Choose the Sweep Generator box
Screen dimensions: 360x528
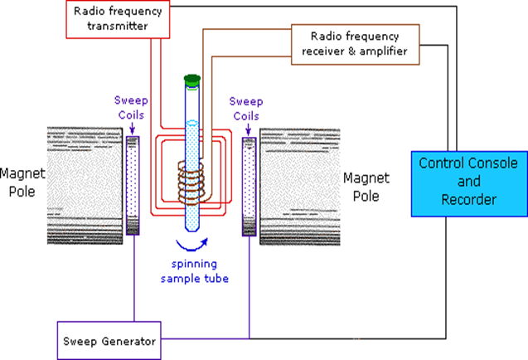109,340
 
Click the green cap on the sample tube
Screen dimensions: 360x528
192,80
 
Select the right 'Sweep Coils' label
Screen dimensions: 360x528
245,109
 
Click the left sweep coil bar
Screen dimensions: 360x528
133,187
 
